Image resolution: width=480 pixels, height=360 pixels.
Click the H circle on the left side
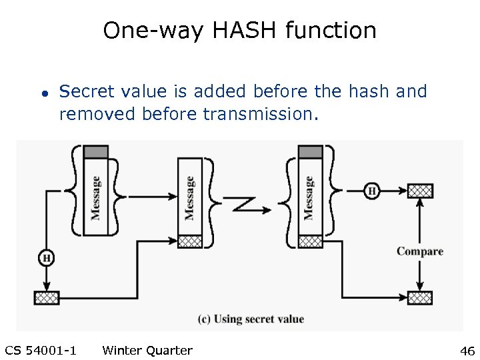pyautogui.click(x=46, y=258)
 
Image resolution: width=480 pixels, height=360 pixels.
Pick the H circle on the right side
pyautogui.click(x=371, y=191)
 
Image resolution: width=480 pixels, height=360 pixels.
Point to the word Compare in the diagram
pyautogui.click(x=420, y=251)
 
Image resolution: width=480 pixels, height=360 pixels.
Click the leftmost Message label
pyautogui.click(x=96, y=197)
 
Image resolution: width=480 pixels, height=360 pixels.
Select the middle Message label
pyautogui.click(x=189, y=197)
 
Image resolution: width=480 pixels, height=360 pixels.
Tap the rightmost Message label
pyautogui.click(x=309, y=197)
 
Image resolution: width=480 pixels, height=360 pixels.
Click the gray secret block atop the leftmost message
pyautogui.click(x=95, y=152)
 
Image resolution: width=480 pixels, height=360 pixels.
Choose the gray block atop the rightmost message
pyautogui.click(x=309, y=152)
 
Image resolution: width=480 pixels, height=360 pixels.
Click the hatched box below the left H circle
pyautogui.click(x=46, y=297)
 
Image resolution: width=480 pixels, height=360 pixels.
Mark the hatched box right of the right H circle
pyautogui.click(x=420, y=191)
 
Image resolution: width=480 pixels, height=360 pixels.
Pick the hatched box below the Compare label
pyautogui.click(x=420, y=297)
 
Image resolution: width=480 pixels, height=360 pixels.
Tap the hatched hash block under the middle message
pyautogui.click(x=189, y=241)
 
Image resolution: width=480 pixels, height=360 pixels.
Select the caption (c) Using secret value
pyautogui.click(x=251, y=319)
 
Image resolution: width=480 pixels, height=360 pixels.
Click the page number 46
pyautogui.click(x=467, y=351)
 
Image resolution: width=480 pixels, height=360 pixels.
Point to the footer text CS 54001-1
pyautogui.click(x=40, y=351)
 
